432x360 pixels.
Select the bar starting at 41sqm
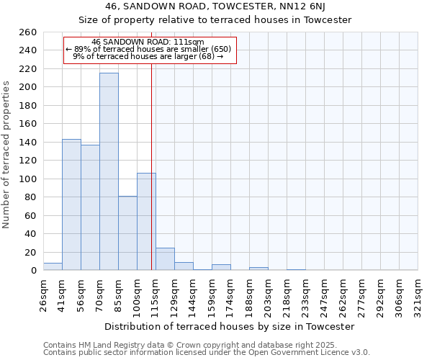pos(71,204)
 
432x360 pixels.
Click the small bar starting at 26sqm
pos(53,266)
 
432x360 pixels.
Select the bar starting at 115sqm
pos(165,259)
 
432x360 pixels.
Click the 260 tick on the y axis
pos(28,32)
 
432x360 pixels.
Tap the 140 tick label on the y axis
pos(28,143)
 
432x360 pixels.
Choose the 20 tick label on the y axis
pos(31,252)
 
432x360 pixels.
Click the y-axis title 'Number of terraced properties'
pos(7,155)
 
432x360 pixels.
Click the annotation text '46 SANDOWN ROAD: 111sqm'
pos(148,42)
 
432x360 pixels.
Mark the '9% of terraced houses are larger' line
pos(148,56)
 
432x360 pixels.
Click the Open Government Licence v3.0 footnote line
pos(207,352)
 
